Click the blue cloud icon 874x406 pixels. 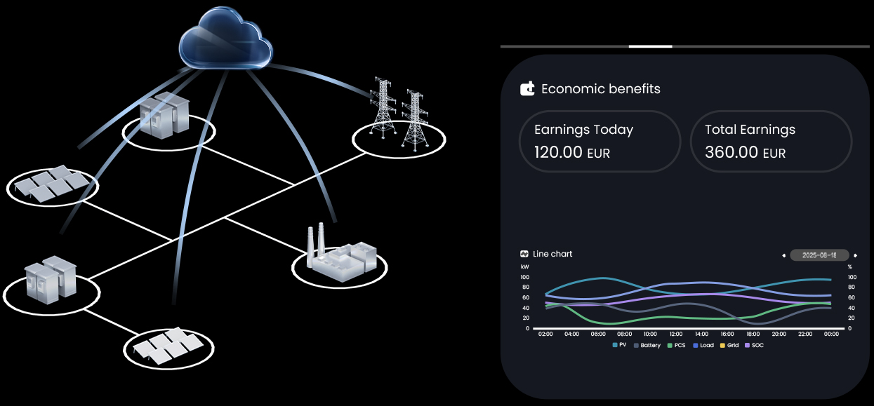point(225,39)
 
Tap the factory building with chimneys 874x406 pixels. point(342,253)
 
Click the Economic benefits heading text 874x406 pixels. point(601,89)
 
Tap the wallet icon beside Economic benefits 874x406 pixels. point(527,89)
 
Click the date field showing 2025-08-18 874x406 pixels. point(819,255)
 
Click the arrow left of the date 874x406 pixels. point(784,256)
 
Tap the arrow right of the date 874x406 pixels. point(855,256)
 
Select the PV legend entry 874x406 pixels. point(620,345)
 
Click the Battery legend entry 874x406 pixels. point(647,345)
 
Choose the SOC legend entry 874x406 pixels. point(754,345)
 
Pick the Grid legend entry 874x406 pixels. point(729,345)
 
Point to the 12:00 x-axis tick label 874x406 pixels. point(676,334)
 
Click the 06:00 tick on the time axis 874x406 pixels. point(598,334)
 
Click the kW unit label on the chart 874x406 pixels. point(525,267)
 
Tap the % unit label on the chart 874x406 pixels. point(850,267)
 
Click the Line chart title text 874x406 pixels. point(552,254)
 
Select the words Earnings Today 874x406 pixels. point(583,130)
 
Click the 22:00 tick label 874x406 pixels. point(805,334)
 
